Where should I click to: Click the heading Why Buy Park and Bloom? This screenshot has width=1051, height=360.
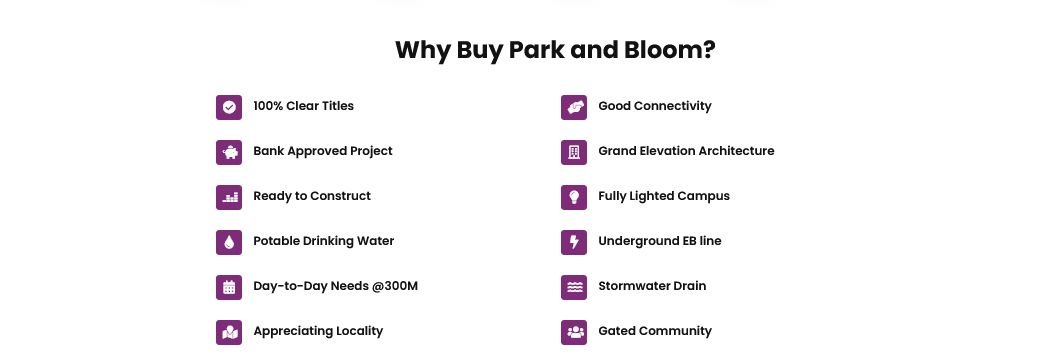[555, 50]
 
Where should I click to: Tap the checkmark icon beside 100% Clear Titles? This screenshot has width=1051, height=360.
[229, 107]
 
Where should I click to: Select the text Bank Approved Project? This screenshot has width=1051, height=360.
[322, 151]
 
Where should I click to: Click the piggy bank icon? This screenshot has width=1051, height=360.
[229, 152]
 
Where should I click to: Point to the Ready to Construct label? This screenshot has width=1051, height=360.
[311, 196]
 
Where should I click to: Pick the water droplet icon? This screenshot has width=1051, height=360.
[229, 242]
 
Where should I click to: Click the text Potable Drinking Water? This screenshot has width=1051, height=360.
[323, 241]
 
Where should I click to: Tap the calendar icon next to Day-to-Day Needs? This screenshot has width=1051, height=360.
[229, 287]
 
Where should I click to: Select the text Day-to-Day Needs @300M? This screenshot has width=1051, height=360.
[335, 286]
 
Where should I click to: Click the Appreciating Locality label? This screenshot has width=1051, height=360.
[318, 331]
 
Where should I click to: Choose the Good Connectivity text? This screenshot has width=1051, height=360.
[654, 106]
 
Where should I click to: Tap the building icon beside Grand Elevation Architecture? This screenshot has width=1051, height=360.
[574, 152]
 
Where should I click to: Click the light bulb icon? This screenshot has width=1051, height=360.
[574, 197]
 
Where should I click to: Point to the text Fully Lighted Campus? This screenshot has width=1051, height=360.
[663, 196]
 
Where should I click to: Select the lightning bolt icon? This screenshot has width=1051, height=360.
[574, 242]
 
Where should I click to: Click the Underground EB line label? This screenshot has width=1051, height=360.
[659, 241]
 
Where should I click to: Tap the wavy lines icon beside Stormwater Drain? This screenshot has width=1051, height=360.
[574, 287]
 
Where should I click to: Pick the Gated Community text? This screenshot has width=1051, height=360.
[654, 331]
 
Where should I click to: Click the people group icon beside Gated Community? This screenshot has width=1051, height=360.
[574, 332]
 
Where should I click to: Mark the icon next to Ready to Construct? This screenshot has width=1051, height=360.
[229, 197]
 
